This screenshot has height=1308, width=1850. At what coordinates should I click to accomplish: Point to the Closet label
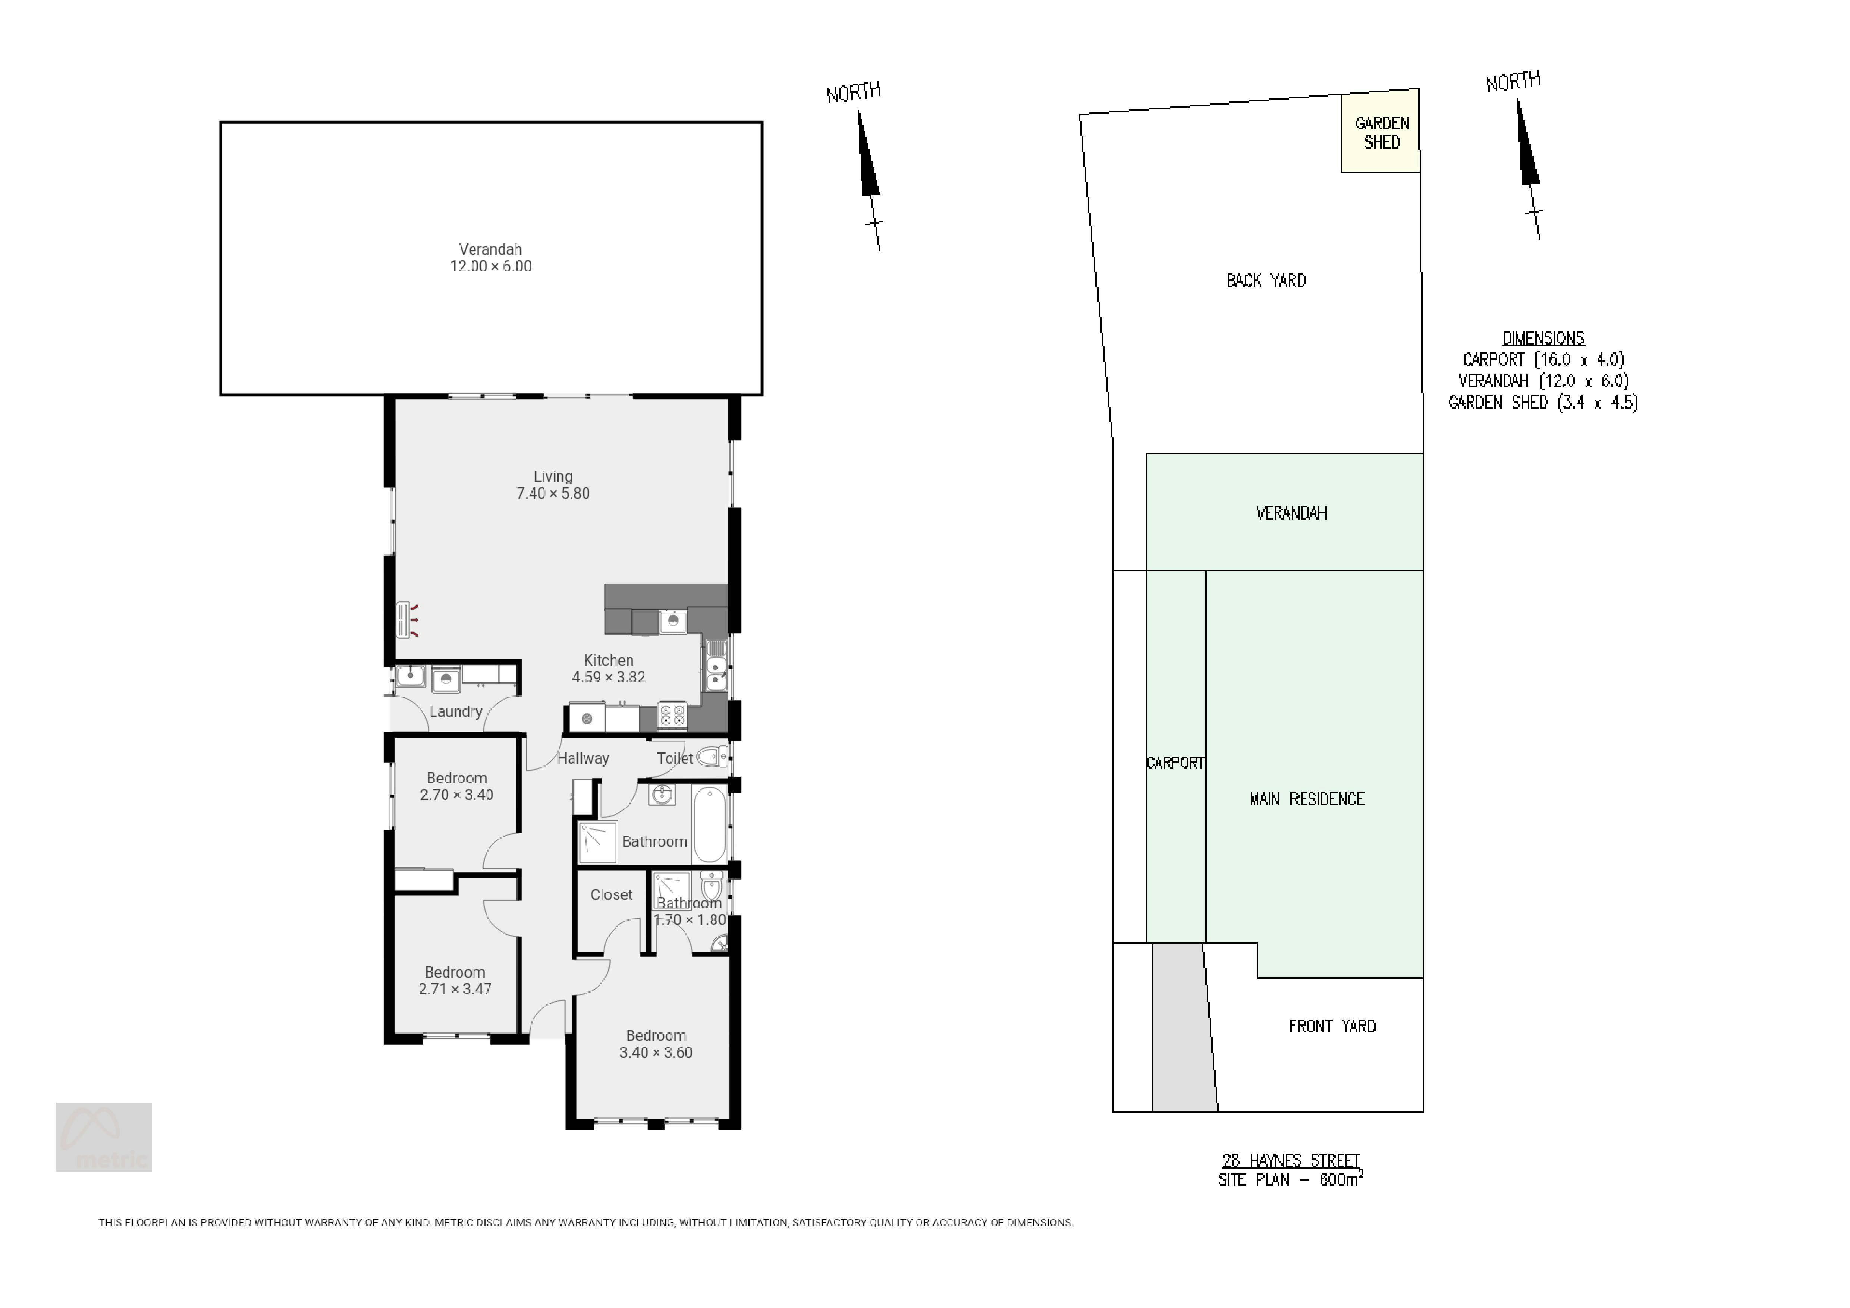coord(612,895)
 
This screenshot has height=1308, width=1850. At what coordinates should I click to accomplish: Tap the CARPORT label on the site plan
coord(1175,763)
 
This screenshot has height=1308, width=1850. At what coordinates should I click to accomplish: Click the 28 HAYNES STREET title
coord(1291,1161)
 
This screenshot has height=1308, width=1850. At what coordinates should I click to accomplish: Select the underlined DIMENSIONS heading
coord(1543,338)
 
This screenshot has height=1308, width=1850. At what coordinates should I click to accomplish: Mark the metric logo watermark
coord(104,1136)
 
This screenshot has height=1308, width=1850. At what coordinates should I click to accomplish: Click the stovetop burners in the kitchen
coord(672,714)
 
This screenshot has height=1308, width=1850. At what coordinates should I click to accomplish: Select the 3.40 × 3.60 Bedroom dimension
coord(656,1053)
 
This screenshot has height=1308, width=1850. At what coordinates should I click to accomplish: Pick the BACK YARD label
coord(1266,280)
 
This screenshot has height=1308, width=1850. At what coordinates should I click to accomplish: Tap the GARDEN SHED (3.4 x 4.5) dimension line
coord(1542,402)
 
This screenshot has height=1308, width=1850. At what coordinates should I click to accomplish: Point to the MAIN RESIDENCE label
coord(1307,799)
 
